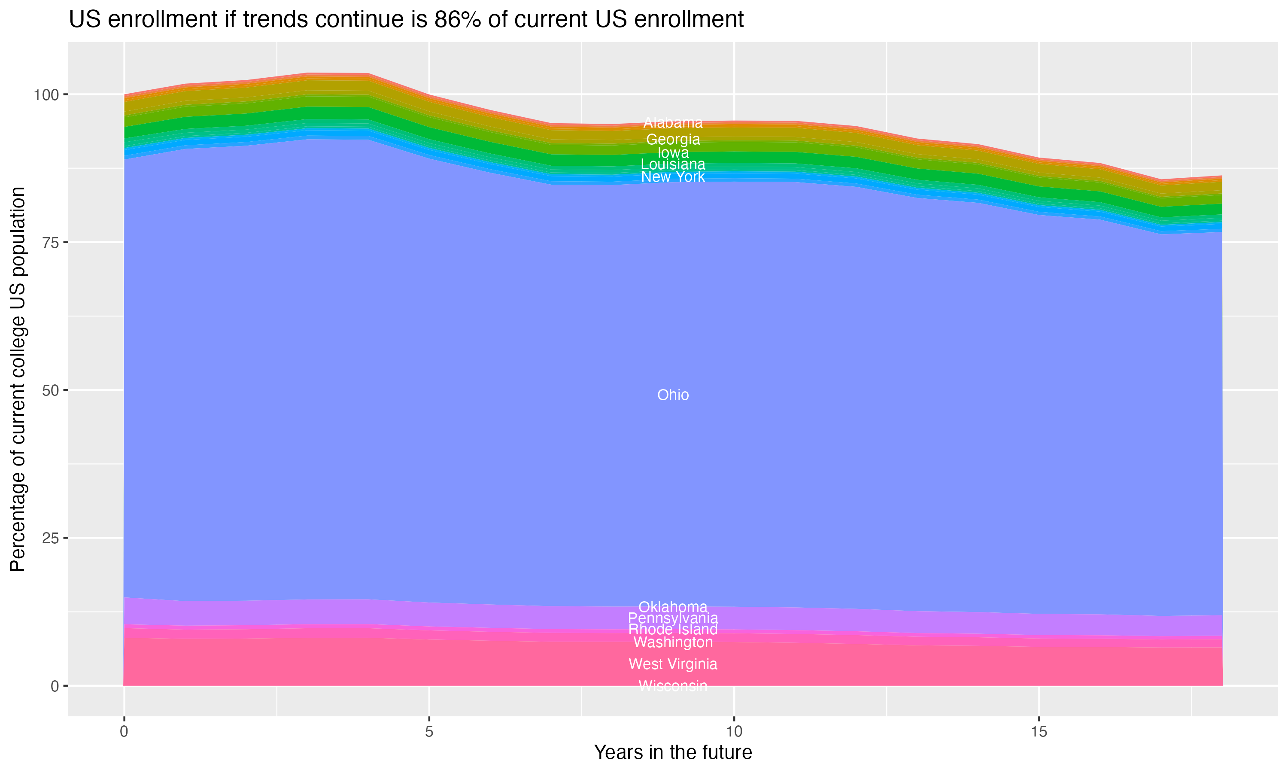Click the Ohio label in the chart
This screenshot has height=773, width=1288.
click(x=673, y=395)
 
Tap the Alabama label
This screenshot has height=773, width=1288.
click(x=673, y=123)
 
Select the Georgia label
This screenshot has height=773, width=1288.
click(x=673, y=140)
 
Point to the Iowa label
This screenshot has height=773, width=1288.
click(x=673, y=152)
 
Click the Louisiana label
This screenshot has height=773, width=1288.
click(x=673, y=164)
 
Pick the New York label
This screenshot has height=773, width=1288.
click(x=673, y=177)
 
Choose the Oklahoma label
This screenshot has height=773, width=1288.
click(x=673, y=607)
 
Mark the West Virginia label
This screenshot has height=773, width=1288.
click(x=673, y=664)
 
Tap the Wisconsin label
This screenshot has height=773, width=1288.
click(x=673, y=686)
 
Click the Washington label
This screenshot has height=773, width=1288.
click(x=673, y=642)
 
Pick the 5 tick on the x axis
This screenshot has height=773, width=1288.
click(x=429, y=732)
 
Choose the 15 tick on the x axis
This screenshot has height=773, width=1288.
click(x=1039, y=732)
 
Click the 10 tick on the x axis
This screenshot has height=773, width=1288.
click(x=734, y=732)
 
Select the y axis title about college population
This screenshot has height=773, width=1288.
click(x=18, y=379)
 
